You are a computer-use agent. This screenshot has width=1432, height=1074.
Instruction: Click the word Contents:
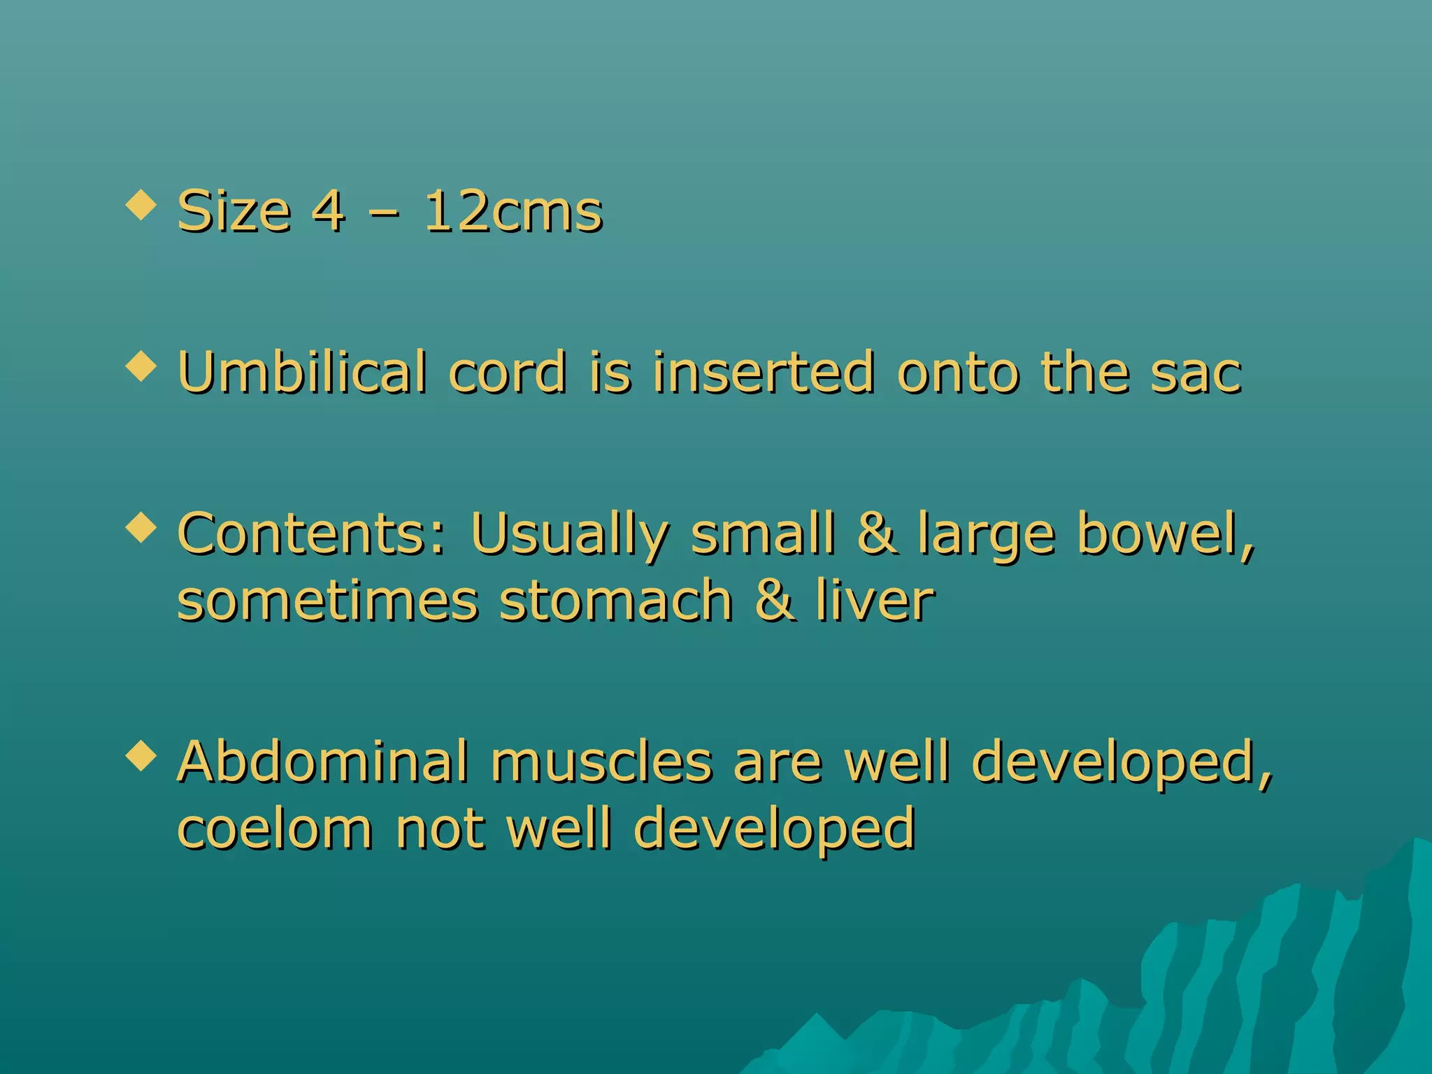(312, 534)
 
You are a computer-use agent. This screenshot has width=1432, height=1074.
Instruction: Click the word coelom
(275, 829)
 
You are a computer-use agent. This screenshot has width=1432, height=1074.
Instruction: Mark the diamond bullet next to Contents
(141, 527)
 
